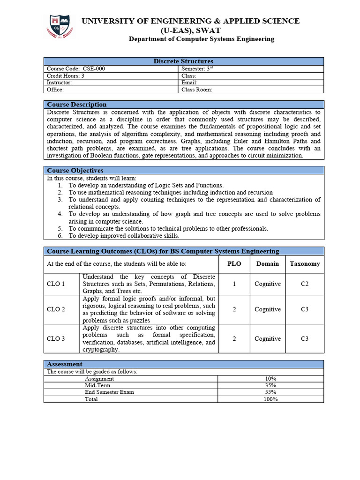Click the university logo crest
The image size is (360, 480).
click(59, 27)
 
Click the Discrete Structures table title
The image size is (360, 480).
click(183, 61)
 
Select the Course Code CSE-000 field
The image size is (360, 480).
click(76, 68)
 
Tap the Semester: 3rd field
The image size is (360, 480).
click(197, 68)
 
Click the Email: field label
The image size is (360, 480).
click(189, 82)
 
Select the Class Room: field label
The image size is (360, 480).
click(197, 90)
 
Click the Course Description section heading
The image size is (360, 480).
click(76, 105)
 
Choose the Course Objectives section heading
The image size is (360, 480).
click(75, 171)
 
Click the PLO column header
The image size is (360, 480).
click(234, 264)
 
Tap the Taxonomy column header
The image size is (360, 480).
click(305, 264)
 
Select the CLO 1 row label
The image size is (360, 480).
click(56, 284)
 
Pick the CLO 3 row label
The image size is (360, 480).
click(56, 339)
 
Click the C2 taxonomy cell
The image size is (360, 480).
click(305, 284)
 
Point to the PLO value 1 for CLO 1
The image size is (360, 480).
click(234, 284)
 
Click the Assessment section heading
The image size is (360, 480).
click(65, 364)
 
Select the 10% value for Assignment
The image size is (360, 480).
click(270, 379)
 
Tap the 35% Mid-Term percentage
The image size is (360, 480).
click(270, 385)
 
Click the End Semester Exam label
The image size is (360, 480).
click(109, 392)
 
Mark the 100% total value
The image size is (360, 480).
click(270, 399)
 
